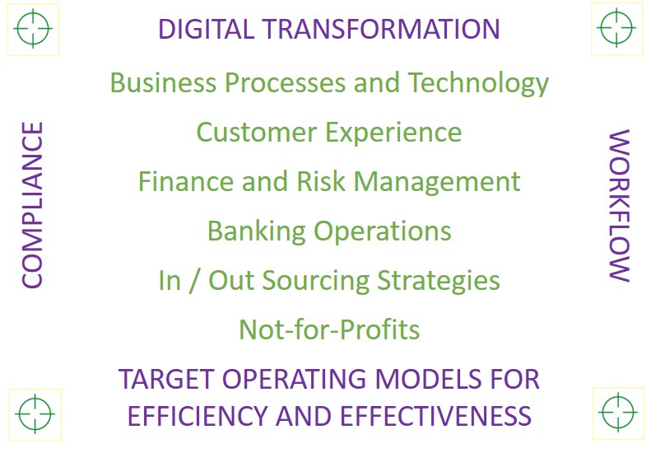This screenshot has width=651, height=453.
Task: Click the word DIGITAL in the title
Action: (x=206, y=29)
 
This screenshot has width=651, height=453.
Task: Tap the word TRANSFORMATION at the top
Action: (x=382, y=29)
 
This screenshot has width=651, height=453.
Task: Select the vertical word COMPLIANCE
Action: (x=32, y=205)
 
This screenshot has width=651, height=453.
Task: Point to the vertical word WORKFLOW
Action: (x=619, y=206)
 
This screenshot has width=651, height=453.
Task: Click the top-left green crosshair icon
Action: (x=33, y=29)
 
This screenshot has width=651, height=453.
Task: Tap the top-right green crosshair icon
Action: (x=616, y=27)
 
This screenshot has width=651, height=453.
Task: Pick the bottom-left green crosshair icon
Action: (x=35, y=414)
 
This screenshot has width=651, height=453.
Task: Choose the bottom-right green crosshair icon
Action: (x=618, y=413)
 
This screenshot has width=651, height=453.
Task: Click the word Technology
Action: (x=479, y=84)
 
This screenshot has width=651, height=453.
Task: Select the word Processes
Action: (x=285, y=82)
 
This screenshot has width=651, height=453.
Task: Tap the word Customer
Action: (x=256, y=132)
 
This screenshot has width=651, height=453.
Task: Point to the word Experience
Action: (x=393, y=133)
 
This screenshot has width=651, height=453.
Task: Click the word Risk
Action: (x=321, y=182)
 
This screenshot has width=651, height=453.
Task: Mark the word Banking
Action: (x=256, y=232)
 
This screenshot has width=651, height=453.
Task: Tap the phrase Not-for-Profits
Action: (x=330, y=329)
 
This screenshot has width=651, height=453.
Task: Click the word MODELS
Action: (x=428, y=379)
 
